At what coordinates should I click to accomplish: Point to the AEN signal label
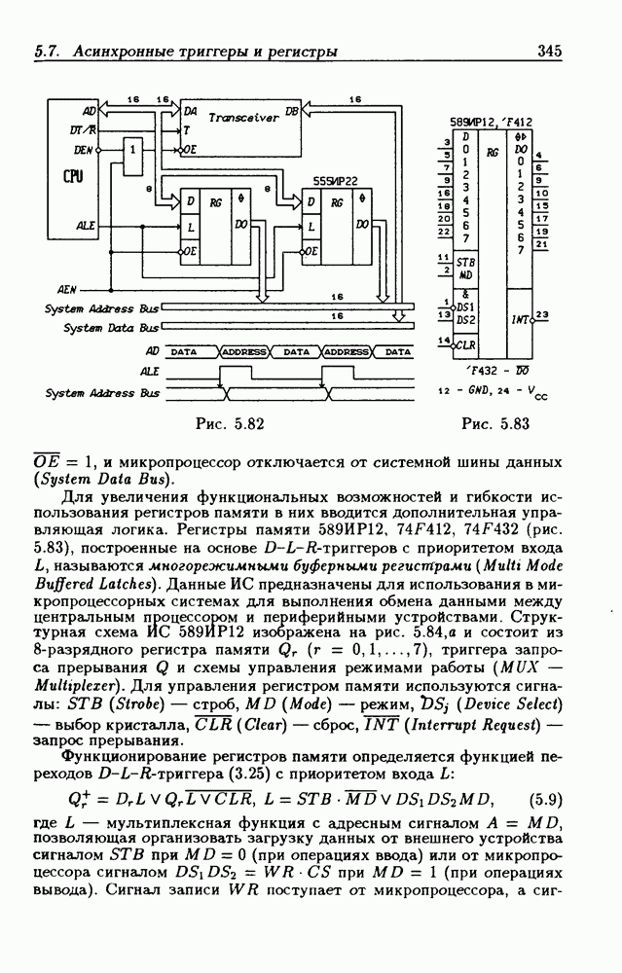point(68,289)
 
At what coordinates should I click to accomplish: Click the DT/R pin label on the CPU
point(83,129)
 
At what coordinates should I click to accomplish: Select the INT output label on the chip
point(519,318)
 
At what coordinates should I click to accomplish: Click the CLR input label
point(465,343)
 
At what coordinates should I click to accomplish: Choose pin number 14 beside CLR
point(444,340)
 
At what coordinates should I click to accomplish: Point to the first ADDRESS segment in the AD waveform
point(243,351)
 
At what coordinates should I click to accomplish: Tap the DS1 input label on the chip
point(465,306)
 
